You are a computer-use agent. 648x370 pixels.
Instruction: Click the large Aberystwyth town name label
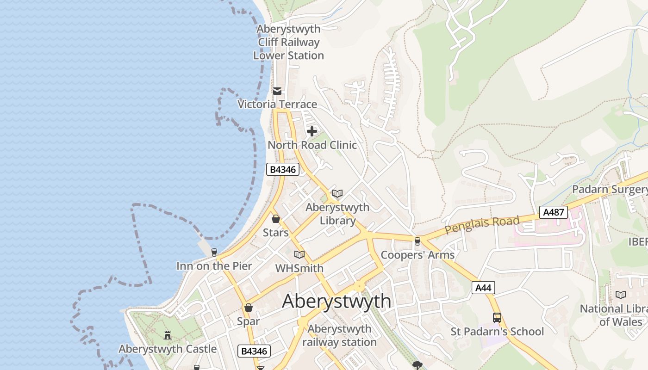click(x=336, y=301)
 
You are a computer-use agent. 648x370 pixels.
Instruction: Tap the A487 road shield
click(x=553, y=212)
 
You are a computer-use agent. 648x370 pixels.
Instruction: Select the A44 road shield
click(x=483, y=288)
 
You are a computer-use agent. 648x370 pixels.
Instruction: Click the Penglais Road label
click(x=482, y=224)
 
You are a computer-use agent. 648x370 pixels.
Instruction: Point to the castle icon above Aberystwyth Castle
click(x=168, y=335)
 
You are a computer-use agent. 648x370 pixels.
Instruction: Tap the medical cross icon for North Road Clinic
click(x=312, y=131)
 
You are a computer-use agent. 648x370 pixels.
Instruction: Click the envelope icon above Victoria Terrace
click(x=277, y=91)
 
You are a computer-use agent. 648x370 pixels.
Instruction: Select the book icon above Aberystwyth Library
click(x=337, y=194)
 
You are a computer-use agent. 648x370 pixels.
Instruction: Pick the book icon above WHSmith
click(x=299, y=254)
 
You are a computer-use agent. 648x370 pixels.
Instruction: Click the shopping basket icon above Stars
click(x=276, y=219)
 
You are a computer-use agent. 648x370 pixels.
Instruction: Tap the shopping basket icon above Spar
click(x=249, y=308)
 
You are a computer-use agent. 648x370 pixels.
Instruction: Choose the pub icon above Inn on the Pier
click(x=214, y=253)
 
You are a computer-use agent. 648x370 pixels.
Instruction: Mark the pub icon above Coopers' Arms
click(x=417, y=241)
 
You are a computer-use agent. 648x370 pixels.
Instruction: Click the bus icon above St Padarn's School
click(x=497, y=318)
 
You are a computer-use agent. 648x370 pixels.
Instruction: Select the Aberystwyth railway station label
click(x=339, y=336)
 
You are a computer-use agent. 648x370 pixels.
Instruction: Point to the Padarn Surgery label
click(x=610, y=189)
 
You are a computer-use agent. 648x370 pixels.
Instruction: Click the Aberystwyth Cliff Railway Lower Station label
click(x=288, y=42)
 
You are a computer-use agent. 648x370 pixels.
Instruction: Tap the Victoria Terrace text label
click(x=277, y=104)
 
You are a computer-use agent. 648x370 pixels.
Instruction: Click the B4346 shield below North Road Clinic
click(x=282, y=169)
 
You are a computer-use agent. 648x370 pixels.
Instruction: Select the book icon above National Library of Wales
click(x=621, y=295)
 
